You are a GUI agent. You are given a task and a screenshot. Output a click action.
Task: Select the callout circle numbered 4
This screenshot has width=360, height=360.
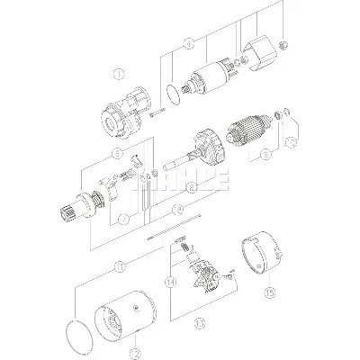[x=187, y=42]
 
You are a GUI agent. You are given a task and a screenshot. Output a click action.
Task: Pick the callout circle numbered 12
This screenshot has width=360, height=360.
[x=133, y=353]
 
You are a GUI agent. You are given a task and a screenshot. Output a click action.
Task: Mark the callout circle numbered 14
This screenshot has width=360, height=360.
[x=170, y=282]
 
